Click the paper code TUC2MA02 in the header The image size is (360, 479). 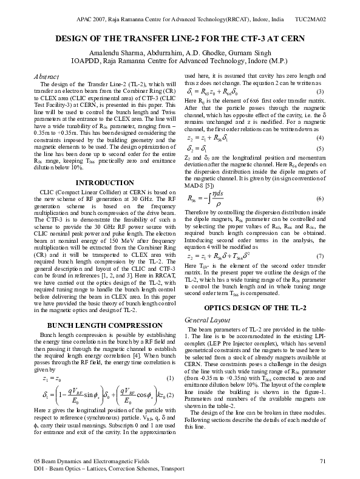tap(311, 20)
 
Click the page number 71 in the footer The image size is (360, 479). tap(322, 462)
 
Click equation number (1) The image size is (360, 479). tap(171, 379)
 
